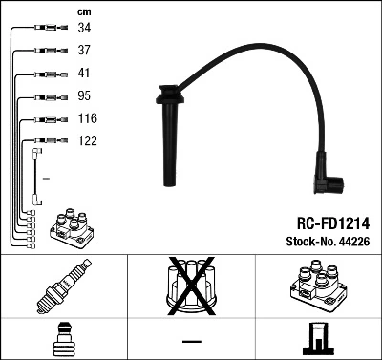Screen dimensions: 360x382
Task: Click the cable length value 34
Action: (84, 29)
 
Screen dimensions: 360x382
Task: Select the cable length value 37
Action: (84, 51)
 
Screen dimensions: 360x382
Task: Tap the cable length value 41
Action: (84, 74)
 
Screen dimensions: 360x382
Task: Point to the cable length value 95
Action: (84, 95)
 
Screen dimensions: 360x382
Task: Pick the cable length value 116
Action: (87, 118)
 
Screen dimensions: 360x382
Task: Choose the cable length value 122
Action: (87, 140)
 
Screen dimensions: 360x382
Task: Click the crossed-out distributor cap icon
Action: (190, 286)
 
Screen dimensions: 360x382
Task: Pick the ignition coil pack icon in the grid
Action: (318, 286)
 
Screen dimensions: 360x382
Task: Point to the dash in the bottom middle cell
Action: (191, 340)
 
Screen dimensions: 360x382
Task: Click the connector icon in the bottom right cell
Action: (317, 338)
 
